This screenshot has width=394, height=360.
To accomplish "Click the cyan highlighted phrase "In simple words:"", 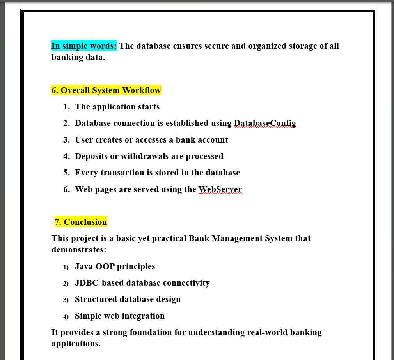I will click(84, 46).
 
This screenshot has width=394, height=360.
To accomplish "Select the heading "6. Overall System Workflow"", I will click(106, 90).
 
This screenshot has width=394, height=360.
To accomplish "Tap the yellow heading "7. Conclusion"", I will click(81, 222).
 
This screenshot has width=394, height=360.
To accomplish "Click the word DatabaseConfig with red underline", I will click(265, 123).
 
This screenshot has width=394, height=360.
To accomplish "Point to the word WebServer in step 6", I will click(220, 189).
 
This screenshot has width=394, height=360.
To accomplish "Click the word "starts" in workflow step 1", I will click(148, 107).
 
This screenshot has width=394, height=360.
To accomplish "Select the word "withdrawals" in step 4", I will click(145, 156).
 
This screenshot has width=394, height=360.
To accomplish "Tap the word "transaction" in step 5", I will click(122, 173).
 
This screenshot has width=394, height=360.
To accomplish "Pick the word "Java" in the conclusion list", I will click(84, 266).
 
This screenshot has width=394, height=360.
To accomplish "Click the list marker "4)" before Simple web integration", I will click(66, 316).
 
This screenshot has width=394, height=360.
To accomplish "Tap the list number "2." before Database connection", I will click(66, 124).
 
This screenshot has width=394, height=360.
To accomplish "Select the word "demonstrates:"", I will click(79, 249).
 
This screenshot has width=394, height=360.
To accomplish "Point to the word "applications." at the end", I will click(76, 344).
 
